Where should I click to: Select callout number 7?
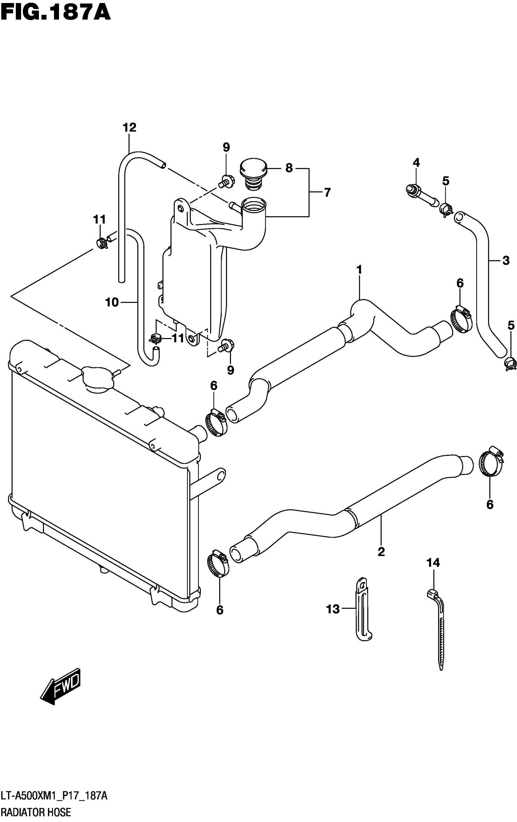[x=327, y=192]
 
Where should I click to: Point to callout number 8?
[x=289, y=168]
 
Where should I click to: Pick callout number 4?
[x=416, y=162]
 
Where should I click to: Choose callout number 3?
[x=506, y=260]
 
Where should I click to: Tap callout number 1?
[x=359, y=270]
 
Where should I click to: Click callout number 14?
[x=433, y=562]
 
